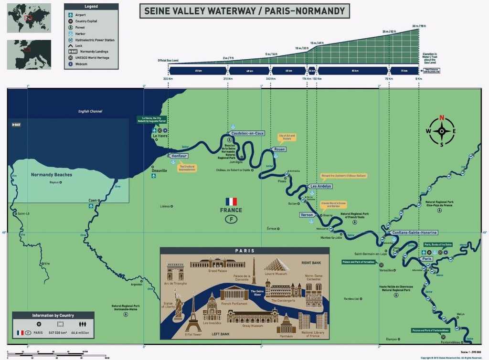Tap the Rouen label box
tap(280, 149)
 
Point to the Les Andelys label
tap(320, 186)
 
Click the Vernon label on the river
tap(307, 215)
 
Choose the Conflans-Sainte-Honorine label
tap(414, 233)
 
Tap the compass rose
tap(442, 131)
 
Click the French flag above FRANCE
tap(231, 201)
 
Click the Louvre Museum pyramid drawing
tap(276, 265)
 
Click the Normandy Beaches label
tap(52, 175)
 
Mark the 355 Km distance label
tap(168, 79)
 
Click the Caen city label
tap(93, 201)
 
